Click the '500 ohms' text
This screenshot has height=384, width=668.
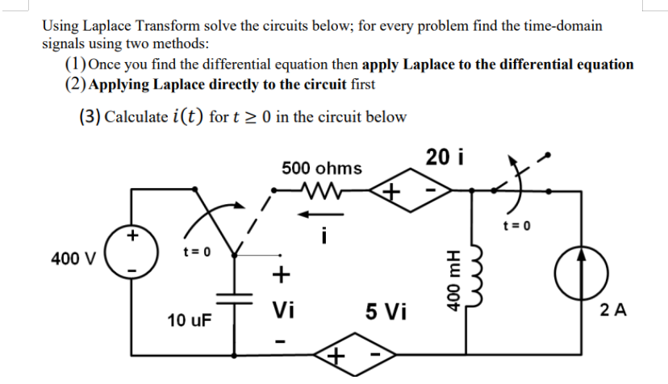tap(322, 169)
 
